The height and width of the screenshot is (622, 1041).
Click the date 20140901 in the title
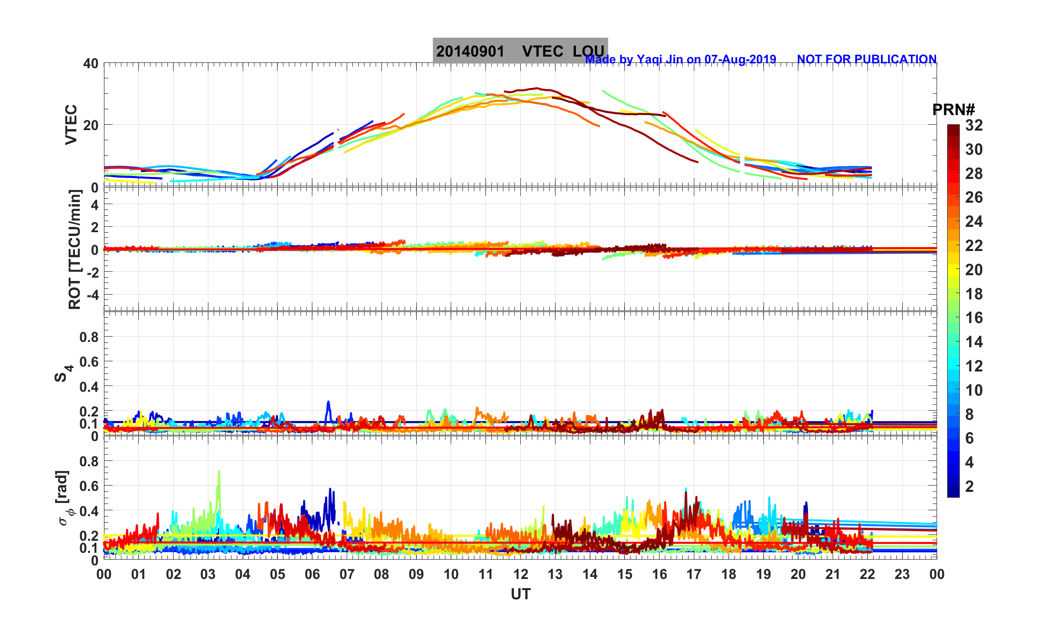[470, 51]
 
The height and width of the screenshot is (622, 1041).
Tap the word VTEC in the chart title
[542, 51]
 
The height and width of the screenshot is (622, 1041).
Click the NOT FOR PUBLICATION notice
[866, 59]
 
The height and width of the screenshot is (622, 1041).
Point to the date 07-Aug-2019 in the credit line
[740, 59]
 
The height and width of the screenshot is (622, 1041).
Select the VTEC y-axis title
[71, 124]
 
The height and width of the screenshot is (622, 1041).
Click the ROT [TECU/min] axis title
[74, 249]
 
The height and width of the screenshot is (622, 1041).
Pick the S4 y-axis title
[62, 373]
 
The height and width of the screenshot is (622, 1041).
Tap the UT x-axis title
[521, 594]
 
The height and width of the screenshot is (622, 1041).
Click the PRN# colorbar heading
[953, 110]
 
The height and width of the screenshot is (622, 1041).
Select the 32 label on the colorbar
[974, 125]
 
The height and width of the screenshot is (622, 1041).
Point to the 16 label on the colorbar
[974, 318]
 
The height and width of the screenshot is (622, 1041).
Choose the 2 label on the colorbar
[969, 486]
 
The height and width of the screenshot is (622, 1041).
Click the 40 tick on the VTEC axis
[90, 63]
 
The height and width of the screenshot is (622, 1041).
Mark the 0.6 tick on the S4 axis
[89, 361]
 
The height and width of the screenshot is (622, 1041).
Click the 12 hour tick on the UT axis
[521, 574]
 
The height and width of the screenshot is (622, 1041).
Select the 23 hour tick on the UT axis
[902, 574]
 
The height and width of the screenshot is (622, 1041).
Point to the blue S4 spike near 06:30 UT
[328, 402]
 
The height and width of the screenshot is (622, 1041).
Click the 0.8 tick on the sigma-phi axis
[89, 461]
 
